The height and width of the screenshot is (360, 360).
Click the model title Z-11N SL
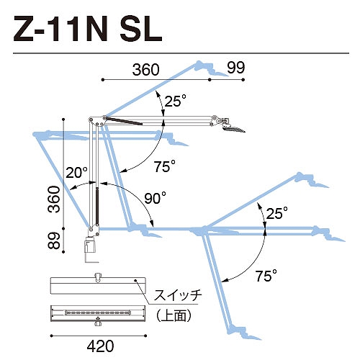[88, 29]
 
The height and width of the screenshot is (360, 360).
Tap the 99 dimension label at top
[236, 68]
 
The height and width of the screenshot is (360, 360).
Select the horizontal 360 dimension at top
[145, 70]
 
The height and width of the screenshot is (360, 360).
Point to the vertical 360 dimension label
[54, 199]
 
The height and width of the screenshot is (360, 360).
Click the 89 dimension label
[54, 240]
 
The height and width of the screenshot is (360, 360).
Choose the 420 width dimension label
[100, 346]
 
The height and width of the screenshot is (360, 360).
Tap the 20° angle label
[77, 172]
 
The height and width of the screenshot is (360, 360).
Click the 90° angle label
[155, 198]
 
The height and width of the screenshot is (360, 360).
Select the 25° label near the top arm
[176, 101]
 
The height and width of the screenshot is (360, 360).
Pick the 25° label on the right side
[276, 212]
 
